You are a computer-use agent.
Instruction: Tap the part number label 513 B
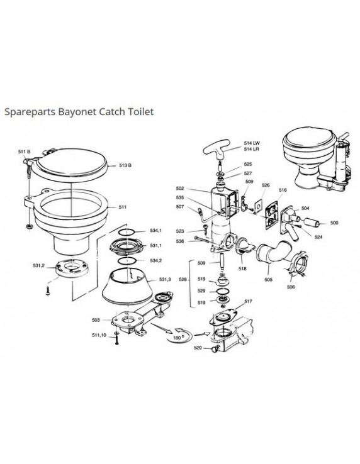pos(125,165)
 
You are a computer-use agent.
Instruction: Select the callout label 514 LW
pos(252,143)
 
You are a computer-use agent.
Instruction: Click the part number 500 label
pos(334,223)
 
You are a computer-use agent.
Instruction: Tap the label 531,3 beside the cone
pos(165,279)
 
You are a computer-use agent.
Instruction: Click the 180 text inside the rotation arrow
pos(177,338)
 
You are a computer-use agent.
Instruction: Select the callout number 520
pos(198,348)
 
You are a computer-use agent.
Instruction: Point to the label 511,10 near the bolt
pos(99,335)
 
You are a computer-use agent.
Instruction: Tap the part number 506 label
pos(291,287)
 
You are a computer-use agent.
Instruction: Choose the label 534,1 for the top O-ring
pos(156,231)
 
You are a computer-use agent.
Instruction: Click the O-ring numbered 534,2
pos(127,261)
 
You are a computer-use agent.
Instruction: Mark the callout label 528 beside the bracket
pos(183,279)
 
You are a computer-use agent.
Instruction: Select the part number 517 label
pos(249,301)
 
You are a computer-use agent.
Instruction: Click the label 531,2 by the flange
pos(38,265)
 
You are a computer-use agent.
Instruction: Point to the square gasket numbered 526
pos(259,206)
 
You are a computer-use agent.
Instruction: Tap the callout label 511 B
pos(24,152)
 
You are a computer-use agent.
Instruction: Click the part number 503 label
pos(96,320)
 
